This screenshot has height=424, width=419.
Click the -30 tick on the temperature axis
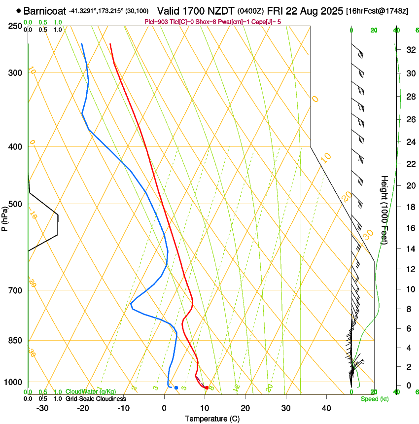click(x=42, y=408)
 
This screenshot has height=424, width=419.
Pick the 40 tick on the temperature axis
click(x=326, y=408)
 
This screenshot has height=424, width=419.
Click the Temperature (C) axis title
click(x=212, y=419)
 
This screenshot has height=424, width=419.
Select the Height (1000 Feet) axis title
click(x=385, y=210)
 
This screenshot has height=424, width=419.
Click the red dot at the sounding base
click(x=207, y=388)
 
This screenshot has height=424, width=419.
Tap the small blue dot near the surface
click(x=176, y=388)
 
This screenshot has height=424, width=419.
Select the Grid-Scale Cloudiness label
click(x=95, y=399)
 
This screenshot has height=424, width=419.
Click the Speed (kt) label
click(x=374, y=399)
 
